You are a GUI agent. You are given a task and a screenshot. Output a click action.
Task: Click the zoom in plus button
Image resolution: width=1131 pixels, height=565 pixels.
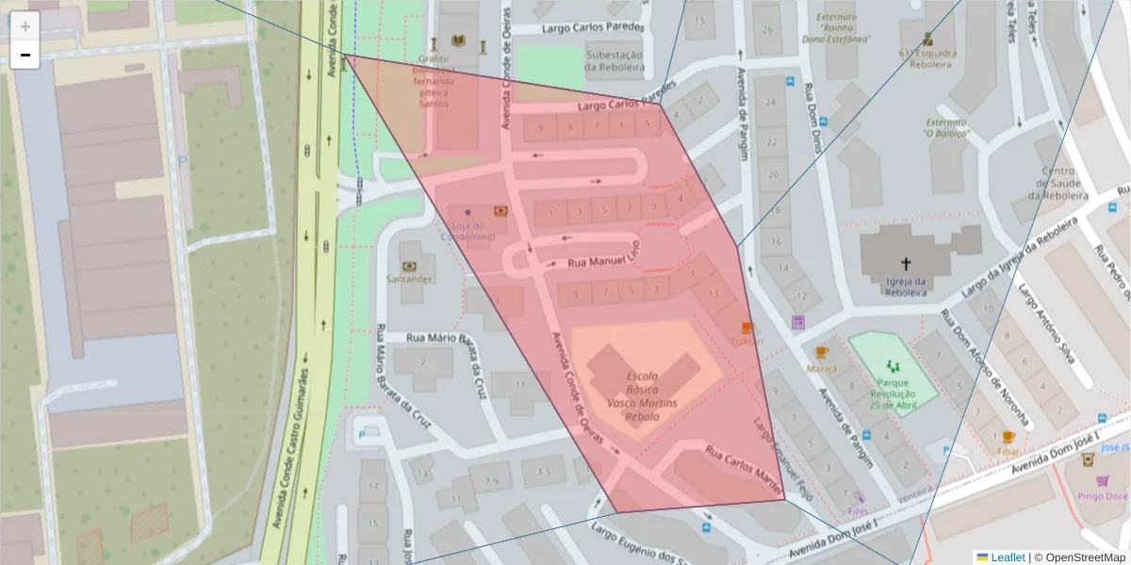(x=25, y=26)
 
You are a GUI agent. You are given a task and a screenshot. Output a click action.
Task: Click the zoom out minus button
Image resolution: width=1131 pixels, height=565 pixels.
(x=25, y=55)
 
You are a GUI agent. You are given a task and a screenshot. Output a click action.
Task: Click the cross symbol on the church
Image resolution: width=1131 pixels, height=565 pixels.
(x=906, y=265)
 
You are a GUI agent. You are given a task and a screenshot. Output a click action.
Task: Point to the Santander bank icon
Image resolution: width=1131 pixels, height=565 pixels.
(x=409, y=266)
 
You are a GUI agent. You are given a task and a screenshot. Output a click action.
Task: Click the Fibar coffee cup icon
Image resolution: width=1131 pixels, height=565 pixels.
(x=1008, y=437)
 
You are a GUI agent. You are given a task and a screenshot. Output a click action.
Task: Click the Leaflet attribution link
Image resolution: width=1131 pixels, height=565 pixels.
(x=1007, y=557)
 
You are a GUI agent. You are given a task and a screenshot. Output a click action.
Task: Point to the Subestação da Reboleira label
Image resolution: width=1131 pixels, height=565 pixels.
(x=614, y=61)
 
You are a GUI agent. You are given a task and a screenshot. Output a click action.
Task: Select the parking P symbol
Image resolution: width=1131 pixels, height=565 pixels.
(x=361, y=434)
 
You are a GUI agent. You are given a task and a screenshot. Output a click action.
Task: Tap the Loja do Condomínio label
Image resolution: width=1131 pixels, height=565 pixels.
(x=467, y=232)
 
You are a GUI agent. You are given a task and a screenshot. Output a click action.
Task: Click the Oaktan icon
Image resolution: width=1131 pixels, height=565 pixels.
(x=747, y=328)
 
